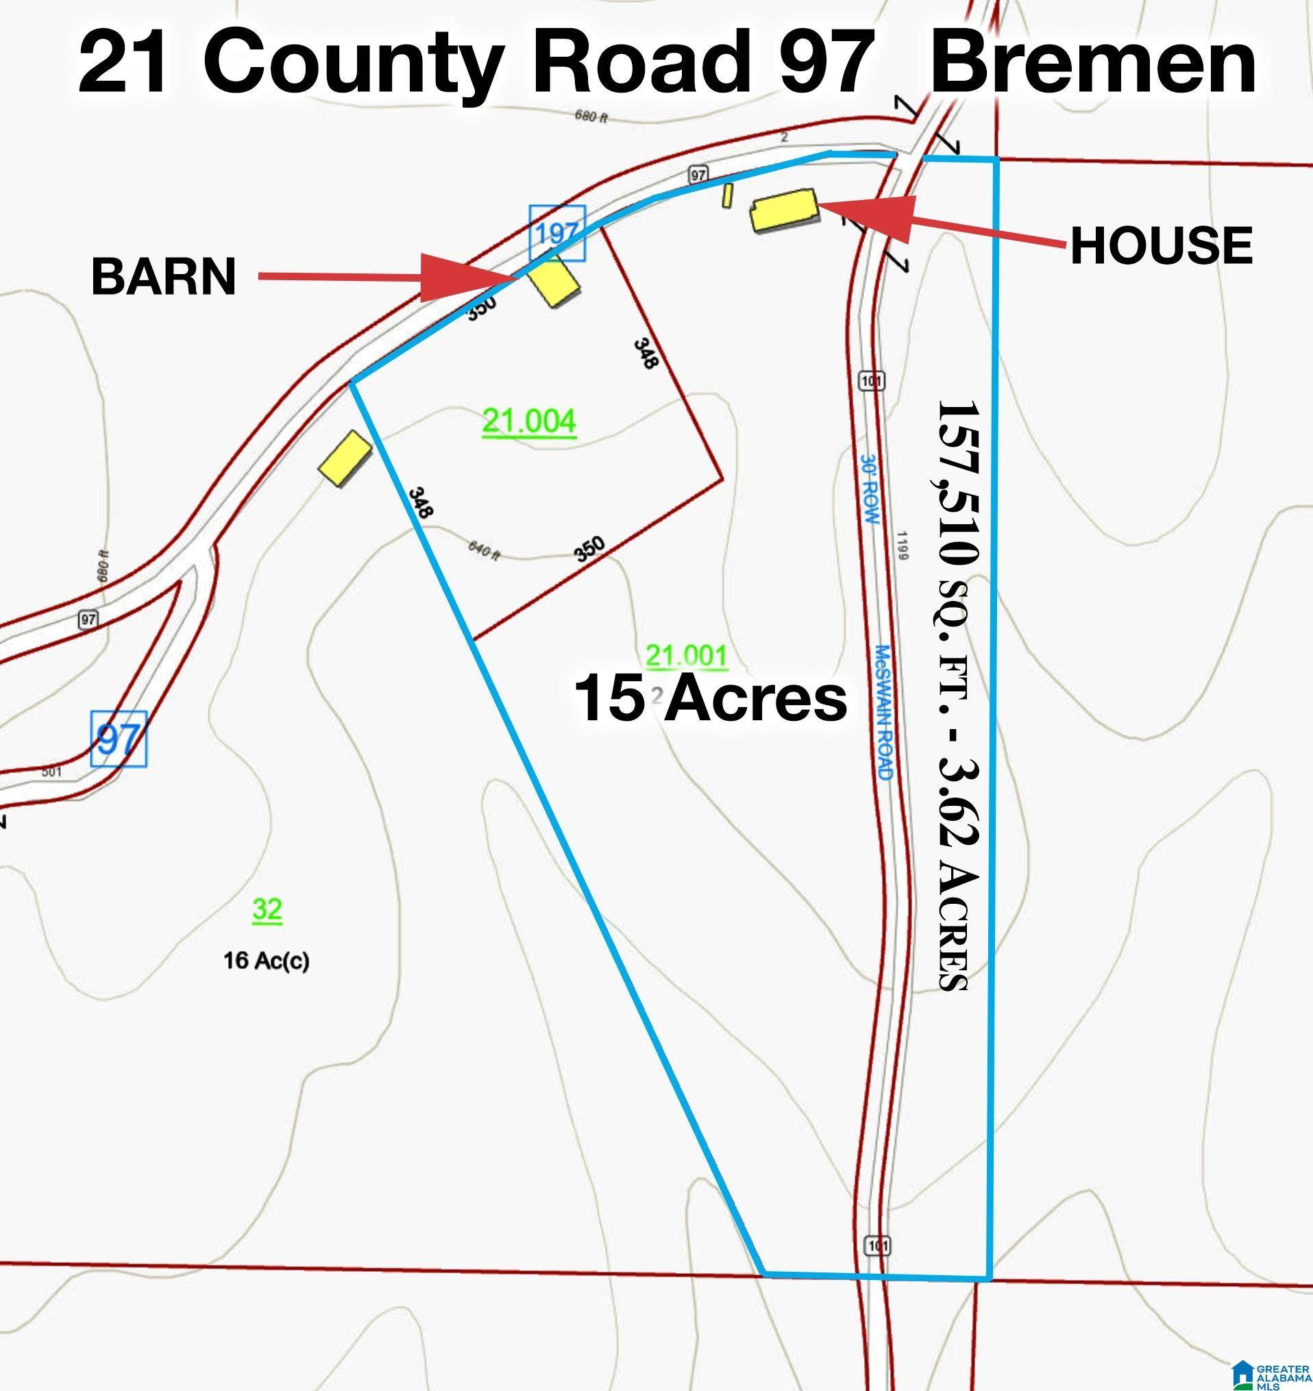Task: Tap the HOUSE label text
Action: click(1161, 245)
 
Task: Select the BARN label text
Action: click(163, 277)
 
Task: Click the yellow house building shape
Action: click(785, 209)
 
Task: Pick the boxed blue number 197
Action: click(557, 232)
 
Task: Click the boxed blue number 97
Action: click(119, 739)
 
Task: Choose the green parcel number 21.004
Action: click(529, 422)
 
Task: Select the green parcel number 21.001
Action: click(686, 656)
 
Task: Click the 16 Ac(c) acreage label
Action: click(266, 961)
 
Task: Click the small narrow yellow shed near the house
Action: click(728, 195)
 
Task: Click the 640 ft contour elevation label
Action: click(484, 552)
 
